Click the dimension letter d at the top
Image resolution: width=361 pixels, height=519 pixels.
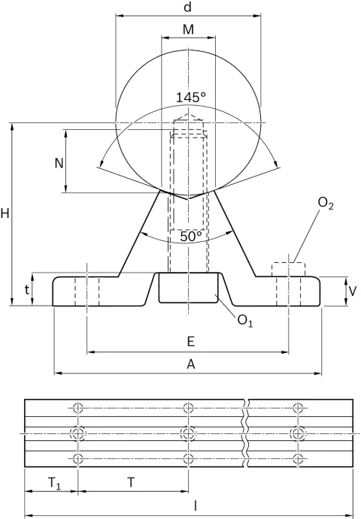coord(188,7)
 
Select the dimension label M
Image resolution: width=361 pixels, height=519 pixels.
coord(188,29)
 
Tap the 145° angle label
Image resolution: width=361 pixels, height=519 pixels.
coord(190,98)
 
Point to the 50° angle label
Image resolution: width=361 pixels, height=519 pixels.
coord(191,236)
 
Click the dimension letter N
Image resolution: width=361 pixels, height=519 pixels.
coord(59,163)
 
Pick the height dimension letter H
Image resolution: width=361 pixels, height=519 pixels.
coord(5,214)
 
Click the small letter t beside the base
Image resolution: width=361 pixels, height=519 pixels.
coord(27,290)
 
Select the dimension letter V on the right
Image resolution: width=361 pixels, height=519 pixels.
coord(353,291)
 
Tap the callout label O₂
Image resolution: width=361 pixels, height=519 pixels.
coord(325,204)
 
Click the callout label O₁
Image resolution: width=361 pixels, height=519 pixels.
coord(245,321)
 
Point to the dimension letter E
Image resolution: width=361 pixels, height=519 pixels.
coord(190,341)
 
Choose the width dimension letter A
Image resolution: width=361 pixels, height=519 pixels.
coord(191,364)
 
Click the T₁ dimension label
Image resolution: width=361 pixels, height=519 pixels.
coord(55,484)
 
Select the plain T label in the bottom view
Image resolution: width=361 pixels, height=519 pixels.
coord(132,483)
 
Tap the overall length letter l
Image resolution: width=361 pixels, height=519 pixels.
coord(196,505)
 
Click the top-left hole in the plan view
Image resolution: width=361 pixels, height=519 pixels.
coord(77,408)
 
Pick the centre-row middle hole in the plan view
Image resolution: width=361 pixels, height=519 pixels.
coord(188,433)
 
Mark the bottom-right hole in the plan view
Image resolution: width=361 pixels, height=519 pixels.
coord(299,459)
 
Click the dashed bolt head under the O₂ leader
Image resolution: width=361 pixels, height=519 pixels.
coord(288,269)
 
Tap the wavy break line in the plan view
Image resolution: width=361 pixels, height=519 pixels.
coord(246,433)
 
